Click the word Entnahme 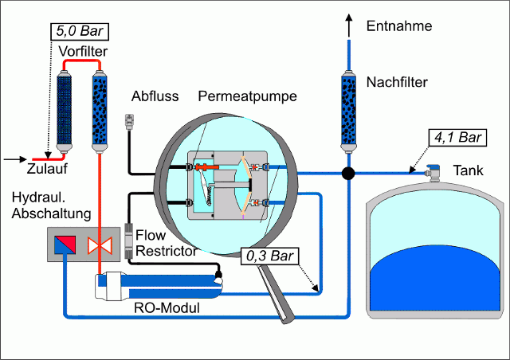pos(398,26)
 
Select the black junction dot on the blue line pos(347,172)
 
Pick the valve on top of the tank pos(435,170)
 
